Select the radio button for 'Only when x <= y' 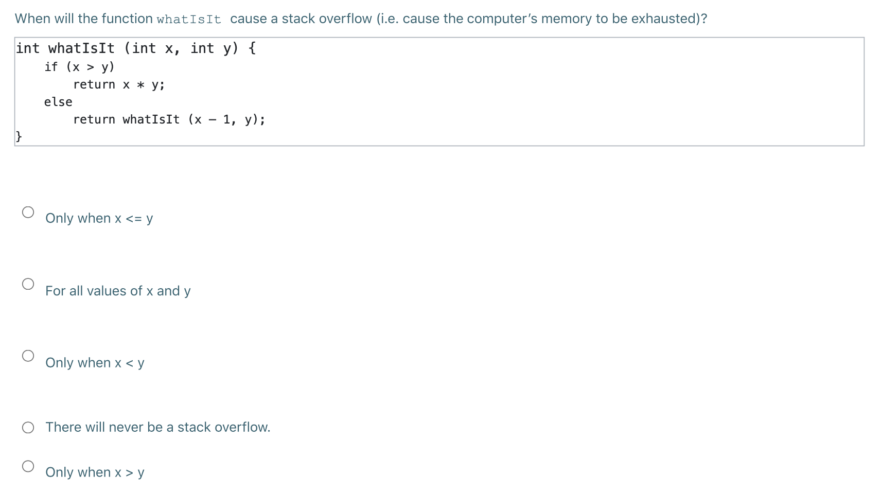[x=28, y=212]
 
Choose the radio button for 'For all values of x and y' [x=28, y=284]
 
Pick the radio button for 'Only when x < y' [x=28, y=356]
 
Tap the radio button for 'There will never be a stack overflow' [x=28, y=428]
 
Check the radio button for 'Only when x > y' [x=28, y=466]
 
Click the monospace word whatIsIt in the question [x=189, y=20]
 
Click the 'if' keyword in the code [x=51, y=67]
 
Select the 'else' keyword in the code [x=58, y=102]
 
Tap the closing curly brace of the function [x=19, y=136]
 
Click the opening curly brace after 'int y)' [x=252, y=48]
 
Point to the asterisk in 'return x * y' [x=140, y=85]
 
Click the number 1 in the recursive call [x=226, y=119]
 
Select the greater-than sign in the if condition [x=91, y=67]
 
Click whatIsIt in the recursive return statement [x=151, y=119]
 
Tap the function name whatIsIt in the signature [x=81, y=48]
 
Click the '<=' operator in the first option [x=134, y=219]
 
